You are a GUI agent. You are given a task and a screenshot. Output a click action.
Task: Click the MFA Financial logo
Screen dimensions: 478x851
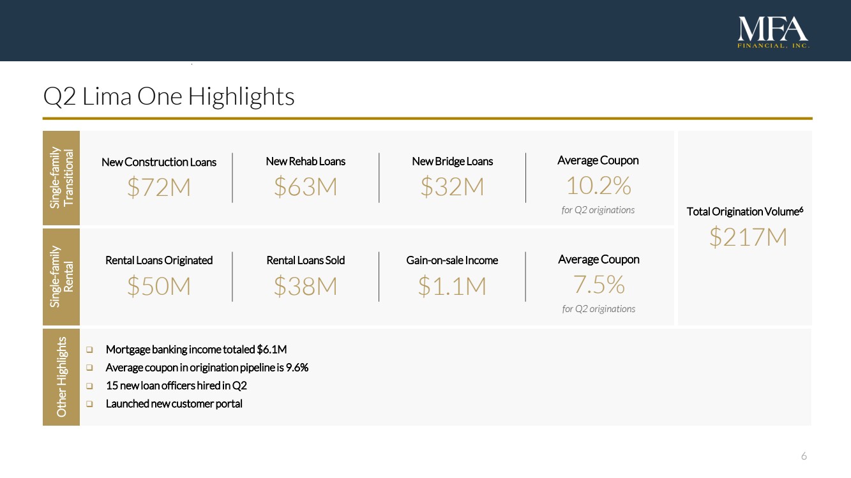(x=773, y=33)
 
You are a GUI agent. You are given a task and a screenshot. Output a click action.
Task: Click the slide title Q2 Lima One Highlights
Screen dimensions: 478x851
(x=169, y=97)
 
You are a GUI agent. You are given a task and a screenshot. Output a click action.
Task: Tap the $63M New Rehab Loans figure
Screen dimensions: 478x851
(x=305, y=186)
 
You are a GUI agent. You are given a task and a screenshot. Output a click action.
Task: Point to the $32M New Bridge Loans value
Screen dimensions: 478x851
(x=452, y=186)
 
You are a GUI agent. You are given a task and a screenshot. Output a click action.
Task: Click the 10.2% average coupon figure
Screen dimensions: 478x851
(x=598, y=186)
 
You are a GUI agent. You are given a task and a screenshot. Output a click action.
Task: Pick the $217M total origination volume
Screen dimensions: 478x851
(x=748, y=237)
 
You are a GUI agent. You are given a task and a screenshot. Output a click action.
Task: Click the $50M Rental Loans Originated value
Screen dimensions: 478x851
(x=159, y=287)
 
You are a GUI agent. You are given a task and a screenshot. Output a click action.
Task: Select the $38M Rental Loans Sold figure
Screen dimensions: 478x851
(x=305, y=287)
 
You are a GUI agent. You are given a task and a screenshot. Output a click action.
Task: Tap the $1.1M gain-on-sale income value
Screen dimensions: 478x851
(x=452, y=287)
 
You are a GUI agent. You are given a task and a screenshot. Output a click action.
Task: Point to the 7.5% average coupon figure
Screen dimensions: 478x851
(x=598, y=285)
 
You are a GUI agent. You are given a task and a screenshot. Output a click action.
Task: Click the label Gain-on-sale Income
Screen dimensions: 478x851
(x=452, y=260)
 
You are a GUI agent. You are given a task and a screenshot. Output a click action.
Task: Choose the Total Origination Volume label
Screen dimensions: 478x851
(x=744, y=211)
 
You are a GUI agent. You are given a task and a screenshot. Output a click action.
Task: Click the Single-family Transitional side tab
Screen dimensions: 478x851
(x=61, y=178)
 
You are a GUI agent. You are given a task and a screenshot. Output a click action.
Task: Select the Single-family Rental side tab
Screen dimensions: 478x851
(x=61, y=277)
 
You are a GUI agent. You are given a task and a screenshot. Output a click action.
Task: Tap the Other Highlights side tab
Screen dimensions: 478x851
(x=61, y=377)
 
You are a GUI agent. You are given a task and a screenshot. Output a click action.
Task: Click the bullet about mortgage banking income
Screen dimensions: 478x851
(x=196, y=349)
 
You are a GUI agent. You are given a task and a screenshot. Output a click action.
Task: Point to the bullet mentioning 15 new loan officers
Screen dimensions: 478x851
(x=176, y=385)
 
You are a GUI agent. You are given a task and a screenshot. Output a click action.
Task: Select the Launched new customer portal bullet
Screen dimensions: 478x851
(x=174, y=403)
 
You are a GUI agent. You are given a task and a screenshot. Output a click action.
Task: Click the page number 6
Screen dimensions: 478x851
(x=804, y=456)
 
